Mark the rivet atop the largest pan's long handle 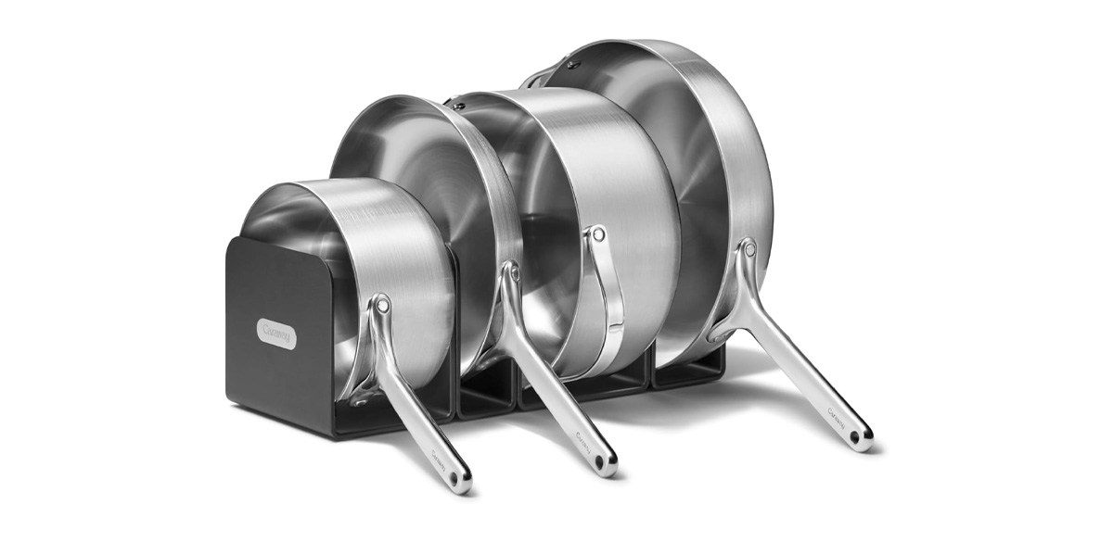[748, 247]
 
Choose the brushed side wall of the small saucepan [408, 241]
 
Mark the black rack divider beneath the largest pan [686, 375]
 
